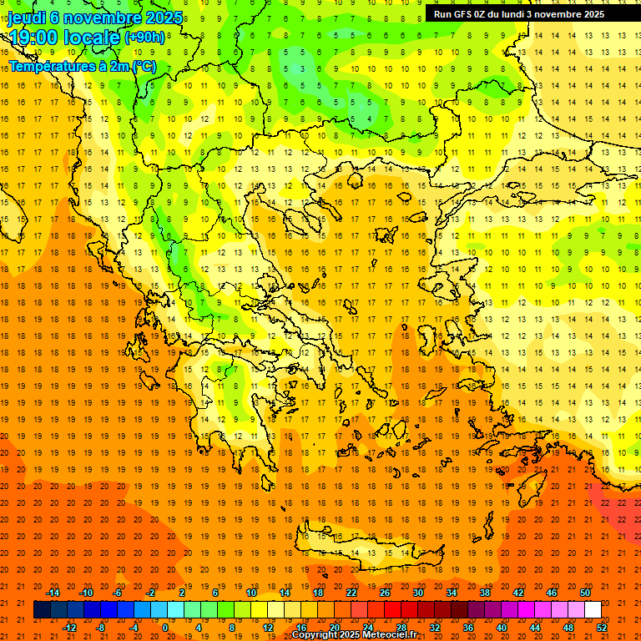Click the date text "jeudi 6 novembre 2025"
(95, 18)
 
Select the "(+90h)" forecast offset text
(144, 38)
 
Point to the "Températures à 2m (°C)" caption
(82, 66)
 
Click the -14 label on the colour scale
(52, 593)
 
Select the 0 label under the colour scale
(165, 628)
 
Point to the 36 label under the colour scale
(468, 628)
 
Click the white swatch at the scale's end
(593, 610)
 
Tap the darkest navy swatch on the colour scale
(42, 610)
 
